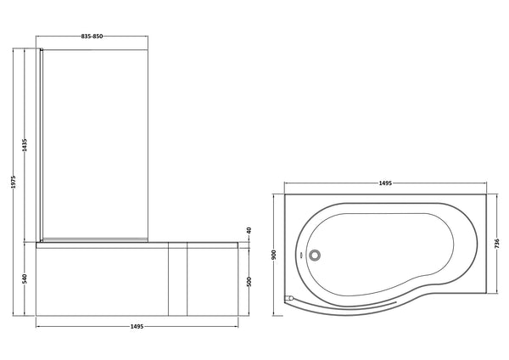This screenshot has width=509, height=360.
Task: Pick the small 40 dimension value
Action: tap(249, 230)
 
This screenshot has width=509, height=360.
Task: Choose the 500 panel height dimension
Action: tap(249, 281)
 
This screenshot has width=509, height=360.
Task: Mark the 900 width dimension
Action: tap(274, 252)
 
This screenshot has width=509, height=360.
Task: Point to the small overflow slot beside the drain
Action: tap(303, 253)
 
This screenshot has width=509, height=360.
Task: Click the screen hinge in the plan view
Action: tap(289, 297)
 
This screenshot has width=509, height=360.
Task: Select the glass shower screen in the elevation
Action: tap(96, 144)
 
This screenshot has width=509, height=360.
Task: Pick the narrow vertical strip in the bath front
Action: tap(178, 280)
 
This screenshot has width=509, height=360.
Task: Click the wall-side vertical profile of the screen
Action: tap(41, 144)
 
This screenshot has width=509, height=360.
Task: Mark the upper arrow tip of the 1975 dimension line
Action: tap(14, 50)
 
